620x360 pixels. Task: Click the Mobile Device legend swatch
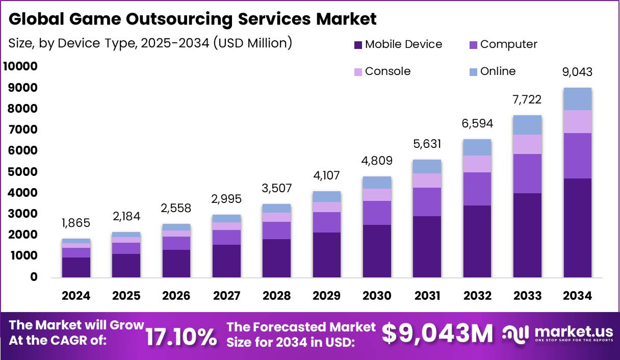(357, 44)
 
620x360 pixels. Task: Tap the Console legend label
(387, 71)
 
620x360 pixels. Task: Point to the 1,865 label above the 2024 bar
(76, 223)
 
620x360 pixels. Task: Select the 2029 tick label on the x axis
(326, 296)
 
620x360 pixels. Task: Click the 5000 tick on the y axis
(20, 172)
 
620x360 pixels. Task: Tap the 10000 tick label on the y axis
(20, 66)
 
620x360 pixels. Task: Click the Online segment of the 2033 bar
(527, 125)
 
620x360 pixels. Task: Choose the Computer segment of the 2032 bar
(477, 189)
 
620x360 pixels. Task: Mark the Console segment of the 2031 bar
(427, 181)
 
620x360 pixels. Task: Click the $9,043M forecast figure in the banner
(437, 334)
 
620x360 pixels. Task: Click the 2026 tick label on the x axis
(176, 296)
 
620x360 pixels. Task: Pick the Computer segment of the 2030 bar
(377, 213)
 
